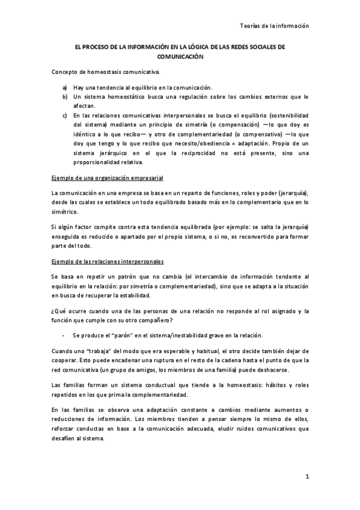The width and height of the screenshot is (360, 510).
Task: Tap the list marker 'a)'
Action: click(65, 87)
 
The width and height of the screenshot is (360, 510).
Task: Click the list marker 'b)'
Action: click(65, 96)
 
